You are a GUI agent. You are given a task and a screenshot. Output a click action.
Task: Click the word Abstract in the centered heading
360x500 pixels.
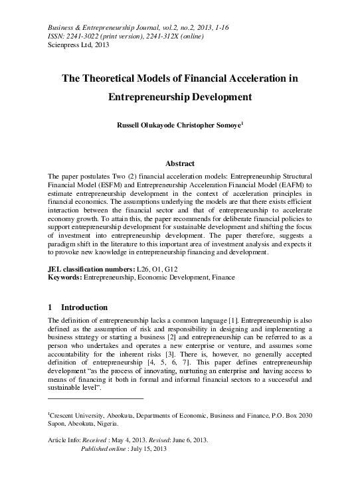179,163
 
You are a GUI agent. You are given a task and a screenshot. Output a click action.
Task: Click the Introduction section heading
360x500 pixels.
84,307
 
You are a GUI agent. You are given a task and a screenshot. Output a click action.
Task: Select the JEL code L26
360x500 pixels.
143,268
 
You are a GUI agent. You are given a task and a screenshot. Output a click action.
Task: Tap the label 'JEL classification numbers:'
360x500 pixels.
90,268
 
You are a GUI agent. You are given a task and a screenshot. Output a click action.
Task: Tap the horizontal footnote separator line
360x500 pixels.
96,398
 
